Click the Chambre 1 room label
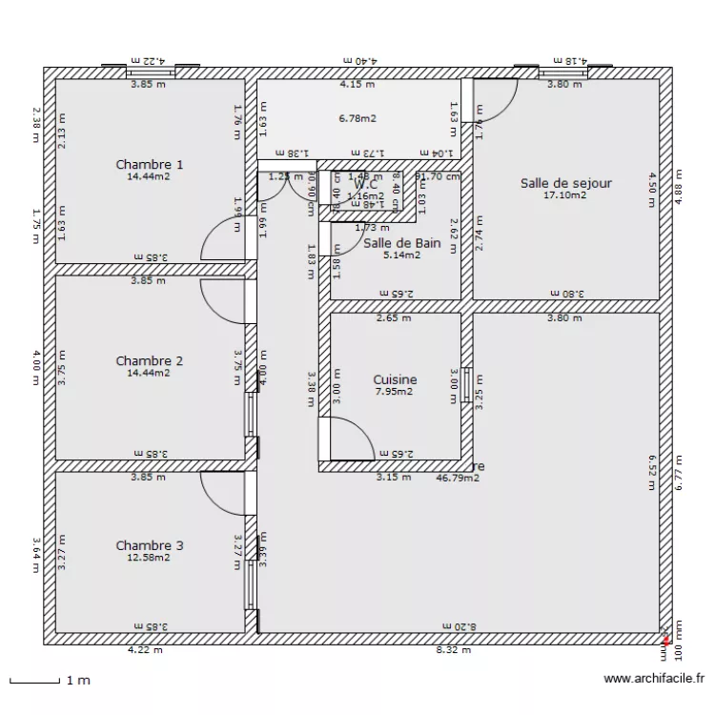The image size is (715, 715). [149, 164]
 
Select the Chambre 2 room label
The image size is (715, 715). [149, 360]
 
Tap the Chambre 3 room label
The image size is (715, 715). [149, 545]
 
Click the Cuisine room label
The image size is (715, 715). [395, 379]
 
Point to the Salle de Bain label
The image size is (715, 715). [401, 243]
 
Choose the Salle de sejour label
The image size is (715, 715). [565, 183]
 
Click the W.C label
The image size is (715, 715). [366, 185]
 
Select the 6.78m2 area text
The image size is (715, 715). [357, 119]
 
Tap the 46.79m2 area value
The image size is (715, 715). [458, 478]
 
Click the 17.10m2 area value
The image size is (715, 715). [565, 195]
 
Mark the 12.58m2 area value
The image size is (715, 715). [149, 558]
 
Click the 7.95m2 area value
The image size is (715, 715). [395, 392]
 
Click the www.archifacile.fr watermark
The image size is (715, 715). [655, 680]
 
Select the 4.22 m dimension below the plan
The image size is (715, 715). [145, 651]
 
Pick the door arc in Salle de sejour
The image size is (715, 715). [500, 95]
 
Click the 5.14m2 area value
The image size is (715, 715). [401, 255]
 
